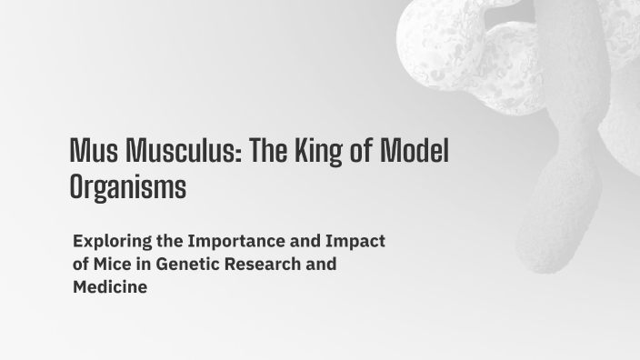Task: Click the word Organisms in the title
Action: click(x=127, y=186)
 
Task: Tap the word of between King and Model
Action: click(x=359, y=149)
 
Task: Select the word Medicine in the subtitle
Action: click(x=110, y=288)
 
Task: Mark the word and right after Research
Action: click(x=322, y=265)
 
